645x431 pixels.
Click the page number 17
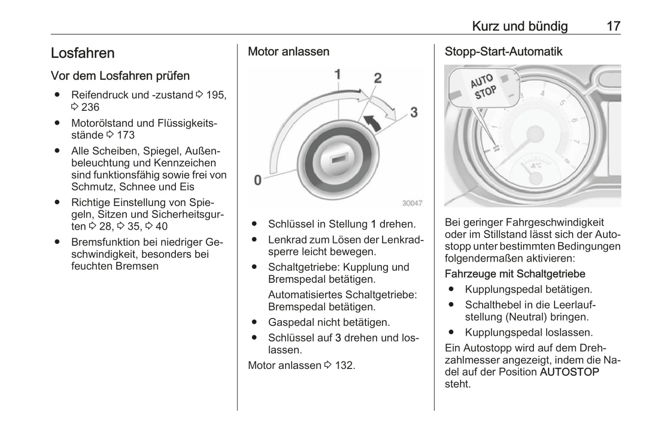tap(613, 26)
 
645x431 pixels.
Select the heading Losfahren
tap(83, 53)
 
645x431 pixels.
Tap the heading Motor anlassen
tap(288, 52)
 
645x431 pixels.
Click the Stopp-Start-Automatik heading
tap(503, 52)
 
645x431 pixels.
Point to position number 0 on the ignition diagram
tap(258, 180)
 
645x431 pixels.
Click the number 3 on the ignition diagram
tap(414, 112)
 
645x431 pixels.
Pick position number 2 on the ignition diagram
tap(378, 78)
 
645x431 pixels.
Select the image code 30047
tap(412, 203)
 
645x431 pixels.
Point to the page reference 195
tap(216, 95)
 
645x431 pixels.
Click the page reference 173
tap(125, 135)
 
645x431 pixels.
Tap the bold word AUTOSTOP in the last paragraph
tap(569, 372)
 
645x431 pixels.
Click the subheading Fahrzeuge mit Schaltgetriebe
tap(515, 274)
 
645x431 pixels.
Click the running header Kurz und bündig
tap(520, 26)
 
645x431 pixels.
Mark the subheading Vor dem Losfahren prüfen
tap(120, 76)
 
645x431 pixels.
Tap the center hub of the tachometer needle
tap(534, 134)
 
